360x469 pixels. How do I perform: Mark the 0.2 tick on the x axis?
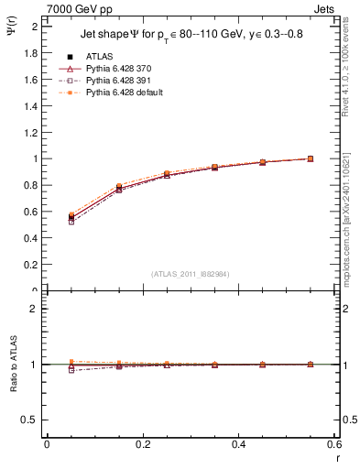(142, 444)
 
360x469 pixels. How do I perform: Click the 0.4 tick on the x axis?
(238, 444)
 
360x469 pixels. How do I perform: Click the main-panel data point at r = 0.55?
(311, 158)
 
